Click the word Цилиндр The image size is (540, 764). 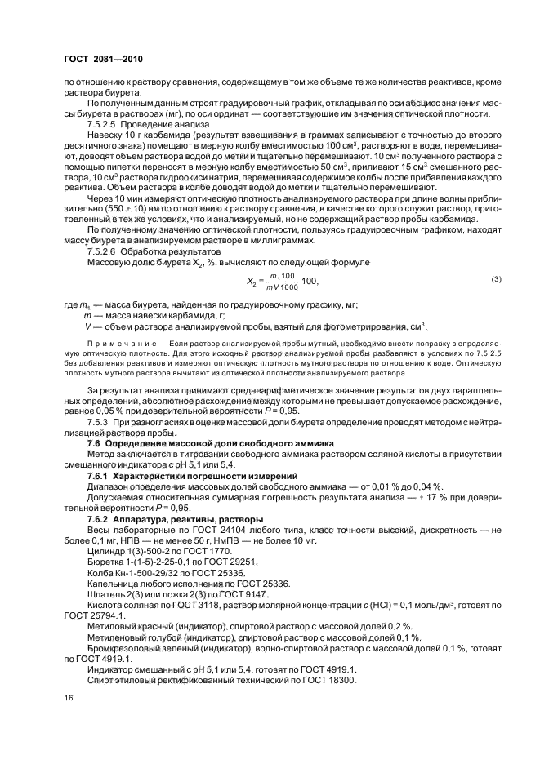pos(105,551)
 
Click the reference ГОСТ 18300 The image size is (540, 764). pos(327,680)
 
